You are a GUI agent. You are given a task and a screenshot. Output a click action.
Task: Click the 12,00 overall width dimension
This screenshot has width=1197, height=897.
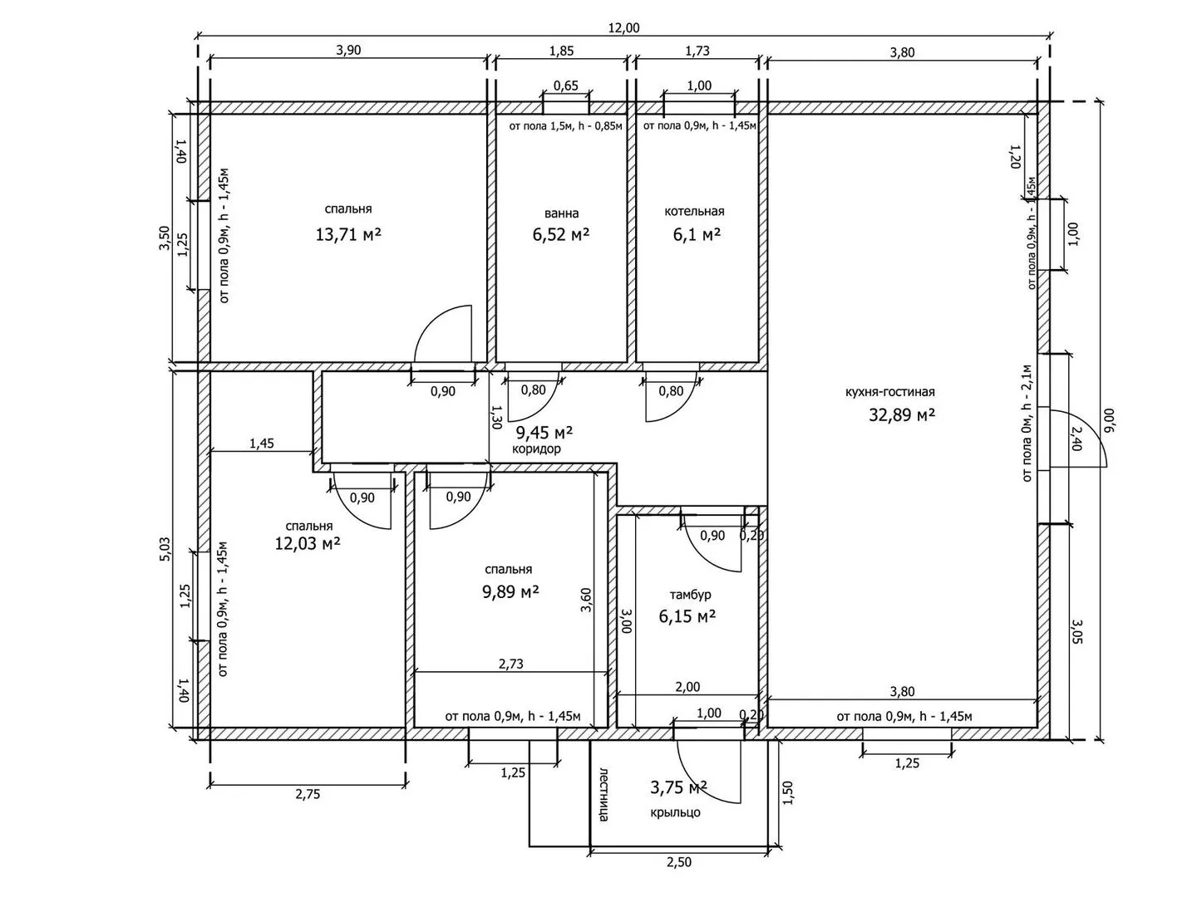point(624,27)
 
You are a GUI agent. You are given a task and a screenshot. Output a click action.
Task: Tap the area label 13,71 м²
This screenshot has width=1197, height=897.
point(348,235)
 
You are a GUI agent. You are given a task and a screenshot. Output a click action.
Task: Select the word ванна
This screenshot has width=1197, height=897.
point(562,213)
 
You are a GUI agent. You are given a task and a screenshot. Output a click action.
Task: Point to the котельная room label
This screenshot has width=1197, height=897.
point(694,211)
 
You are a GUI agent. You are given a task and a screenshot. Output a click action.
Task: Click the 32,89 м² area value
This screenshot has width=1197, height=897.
point(902,415)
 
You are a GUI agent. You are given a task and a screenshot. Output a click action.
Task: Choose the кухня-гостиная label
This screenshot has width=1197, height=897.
point(890,391)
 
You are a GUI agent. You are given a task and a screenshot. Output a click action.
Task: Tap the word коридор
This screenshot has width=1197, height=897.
point(537,448)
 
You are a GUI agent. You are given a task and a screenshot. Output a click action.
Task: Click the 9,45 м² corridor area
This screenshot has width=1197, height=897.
point(544,433)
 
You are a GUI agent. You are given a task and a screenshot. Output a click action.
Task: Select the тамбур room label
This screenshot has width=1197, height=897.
point(691,595)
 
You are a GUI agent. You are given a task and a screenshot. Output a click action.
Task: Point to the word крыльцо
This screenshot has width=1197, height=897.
point(675,812)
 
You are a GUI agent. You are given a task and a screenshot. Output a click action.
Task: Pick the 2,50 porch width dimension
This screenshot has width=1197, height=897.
point(679,862)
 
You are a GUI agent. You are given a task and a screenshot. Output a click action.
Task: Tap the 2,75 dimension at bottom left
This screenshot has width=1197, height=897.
point(308,795)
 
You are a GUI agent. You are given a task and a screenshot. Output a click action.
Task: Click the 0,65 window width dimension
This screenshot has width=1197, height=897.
point(566,86)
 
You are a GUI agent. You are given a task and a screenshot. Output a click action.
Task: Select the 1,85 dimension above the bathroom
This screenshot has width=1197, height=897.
point(561,51)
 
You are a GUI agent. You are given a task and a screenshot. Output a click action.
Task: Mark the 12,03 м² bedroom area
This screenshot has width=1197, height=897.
point(308,543)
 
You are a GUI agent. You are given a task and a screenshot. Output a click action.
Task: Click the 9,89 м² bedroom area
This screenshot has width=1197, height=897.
point(510,591)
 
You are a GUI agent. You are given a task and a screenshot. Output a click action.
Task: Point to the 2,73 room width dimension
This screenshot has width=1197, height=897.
point(511,664)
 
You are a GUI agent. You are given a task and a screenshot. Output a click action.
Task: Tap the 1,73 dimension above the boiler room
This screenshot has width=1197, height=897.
point(697,51)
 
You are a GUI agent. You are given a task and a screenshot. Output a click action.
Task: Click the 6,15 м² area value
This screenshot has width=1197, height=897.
point(687,616)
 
